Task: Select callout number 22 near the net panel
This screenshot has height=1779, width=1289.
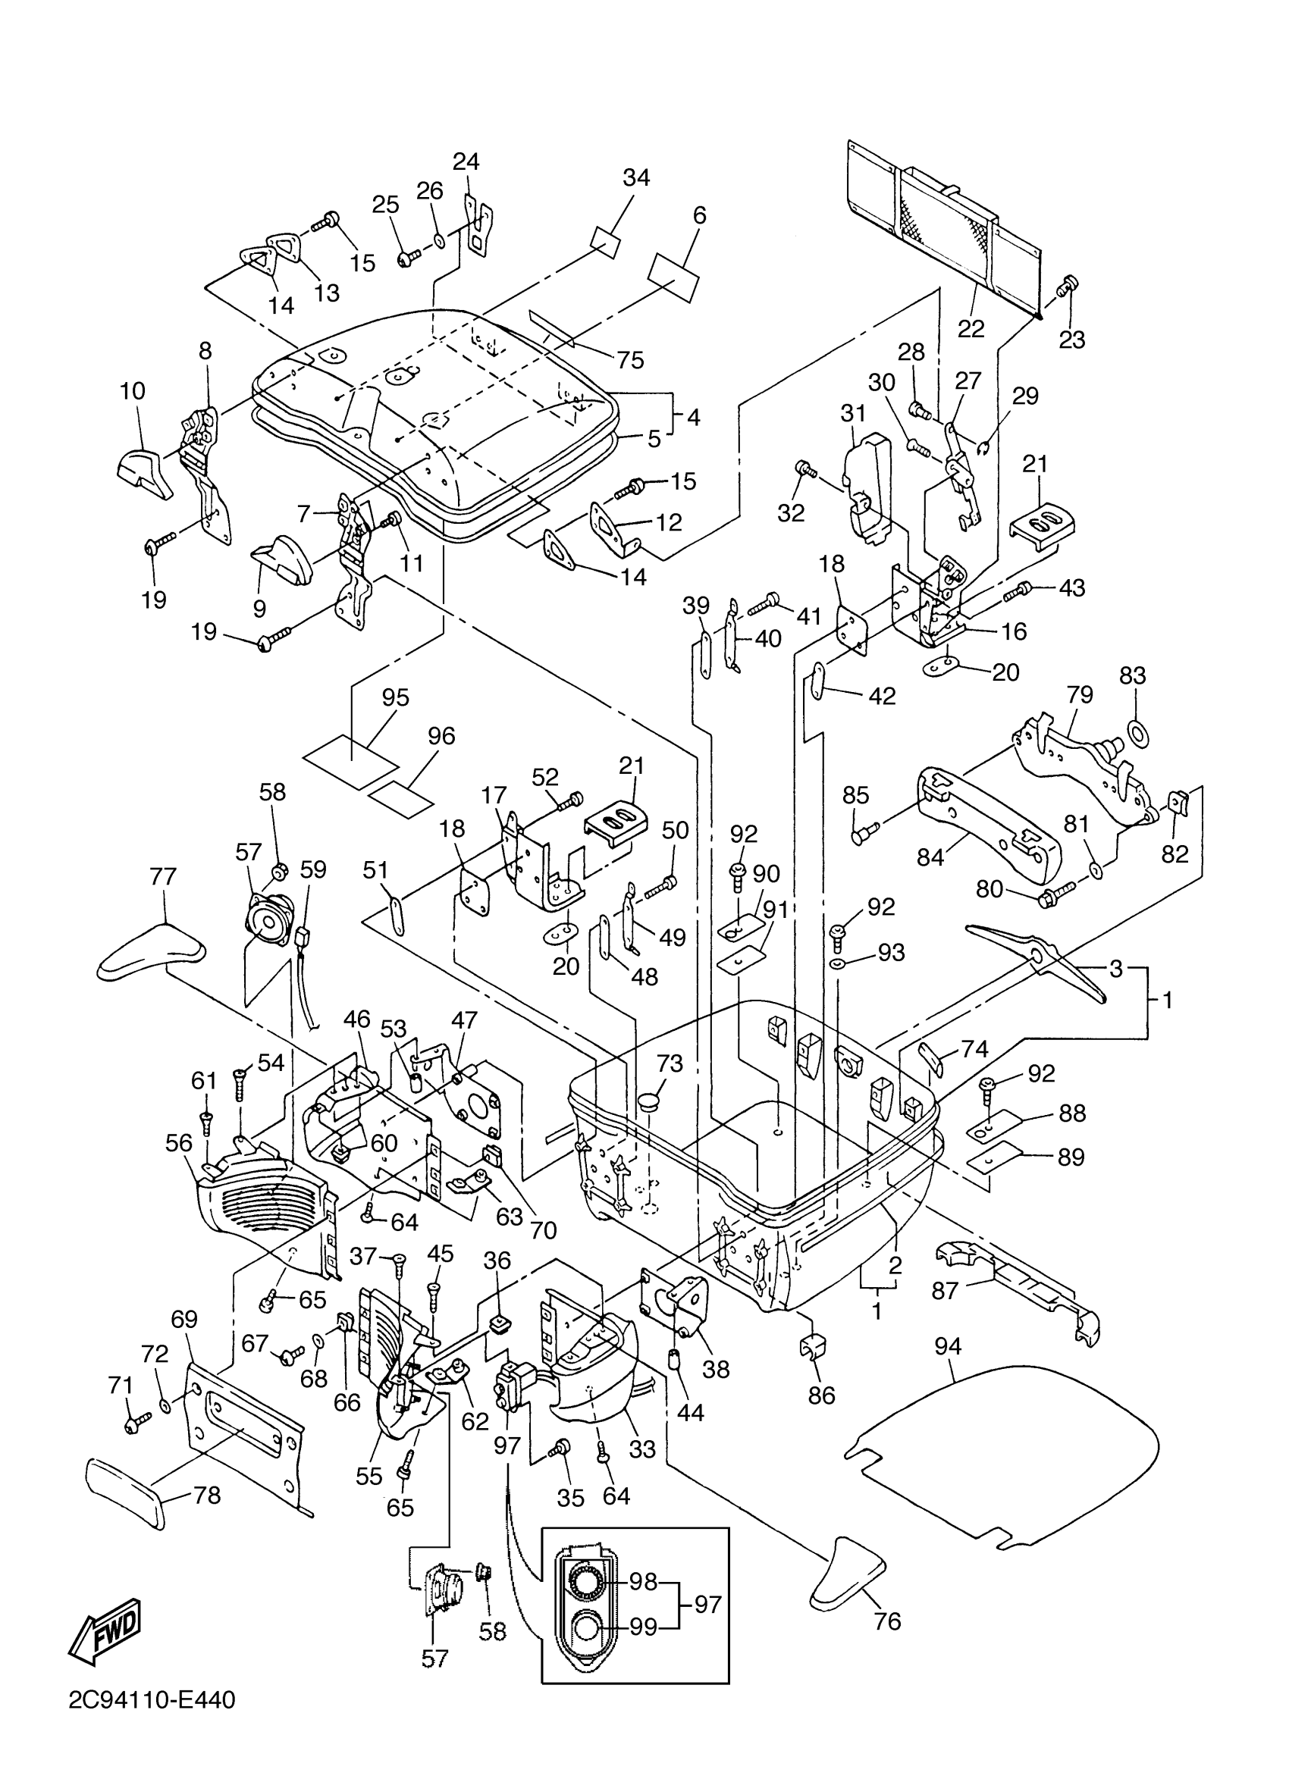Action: coord(971,328)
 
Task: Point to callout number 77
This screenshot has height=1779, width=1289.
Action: coord(162,876)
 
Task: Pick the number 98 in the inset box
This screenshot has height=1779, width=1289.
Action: coord(642,1581)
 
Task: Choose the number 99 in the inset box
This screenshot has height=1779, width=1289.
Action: coord(642,1627)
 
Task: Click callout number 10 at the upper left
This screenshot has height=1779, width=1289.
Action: coord(133,390)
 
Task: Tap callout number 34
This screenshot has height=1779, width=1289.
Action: coord(635,177)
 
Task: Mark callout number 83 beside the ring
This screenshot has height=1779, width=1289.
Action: coord(1132,675)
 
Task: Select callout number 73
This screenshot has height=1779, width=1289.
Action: coord(670,1063)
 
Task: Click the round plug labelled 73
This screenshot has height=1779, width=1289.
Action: coord(651,1101)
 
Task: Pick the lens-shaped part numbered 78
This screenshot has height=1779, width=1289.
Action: coord(125,1495)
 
